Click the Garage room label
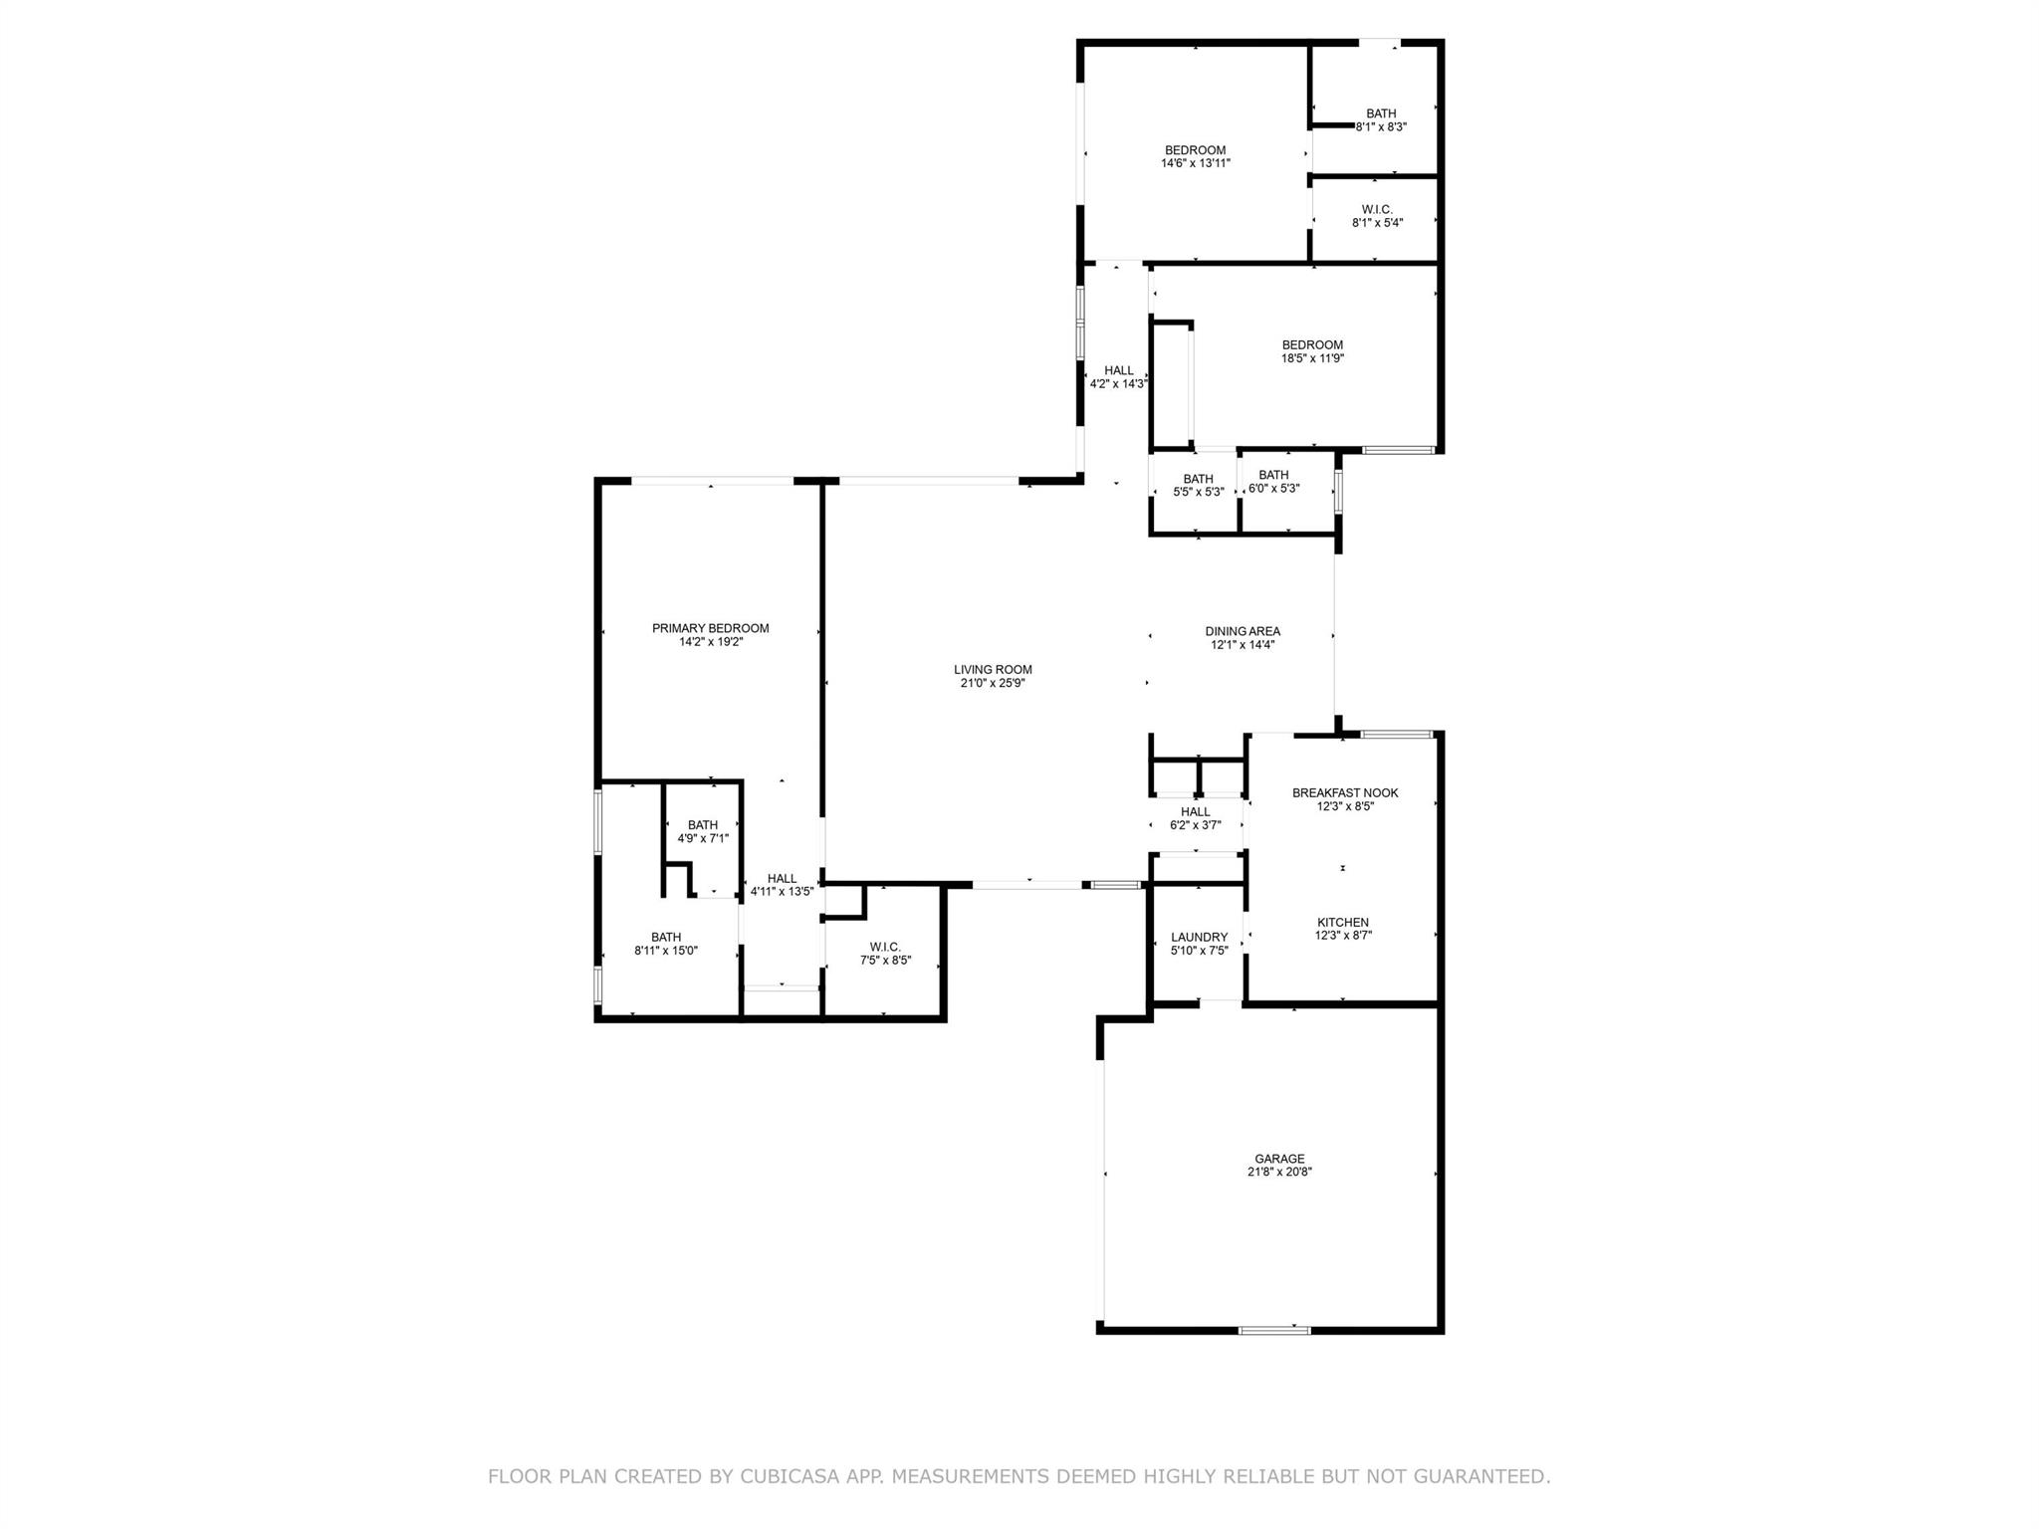click(1279, 1159)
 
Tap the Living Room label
click(993, 670)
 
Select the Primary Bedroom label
click(711, 628)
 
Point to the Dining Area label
click(1243, 631)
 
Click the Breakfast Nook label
click(1345, 793)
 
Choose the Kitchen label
click(1342, 923)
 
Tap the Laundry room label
click(1200, 937)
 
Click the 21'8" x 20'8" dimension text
click(1279, 1173)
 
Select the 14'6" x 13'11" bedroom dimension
click(1196, 163)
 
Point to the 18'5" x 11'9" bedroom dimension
click(1312, 358)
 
